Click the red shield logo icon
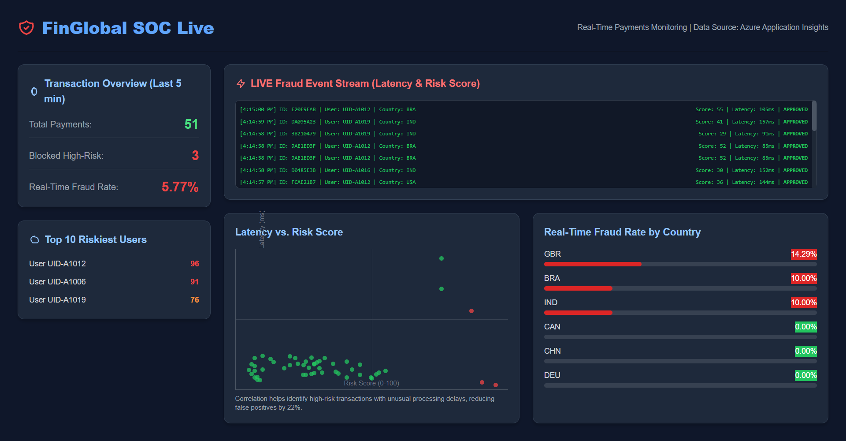click(x=26, y=28)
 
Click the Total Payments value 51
click(x=191, y=124)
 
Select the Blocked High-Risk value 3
click(x=195, y=156)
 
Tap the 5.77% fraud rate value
click(x=180, y=187)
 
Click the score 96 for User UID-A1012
click(x=194, y=264)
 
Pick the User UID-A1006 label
click(x=57, y=282)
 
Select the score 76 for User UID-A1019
click(x=194, y=300)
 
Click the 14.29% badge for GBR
click(x=803, y=254)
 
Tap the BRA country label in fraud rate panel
click(x=552, y=278)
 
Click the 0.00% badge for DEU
click(x=805, y=375)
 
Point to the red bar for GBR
click(x=593, y=264)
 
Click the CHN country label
click(x=552, y=351)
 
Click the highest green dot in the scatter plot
click(x=442, y=258)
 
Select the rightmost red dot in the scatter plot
click(x=496, y=385)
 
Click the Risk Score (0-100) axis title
click(x=371, y=383)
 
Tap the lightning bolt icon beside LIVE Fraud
click(x=241, y=83)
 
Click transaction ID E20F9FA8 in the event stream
click(x=303, y=109)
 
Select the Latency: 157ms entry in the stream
click(x=753, y=122)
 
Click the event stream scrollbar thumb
click(x=814, y=116)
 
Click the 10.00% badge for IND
click(x=803, y=303)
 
